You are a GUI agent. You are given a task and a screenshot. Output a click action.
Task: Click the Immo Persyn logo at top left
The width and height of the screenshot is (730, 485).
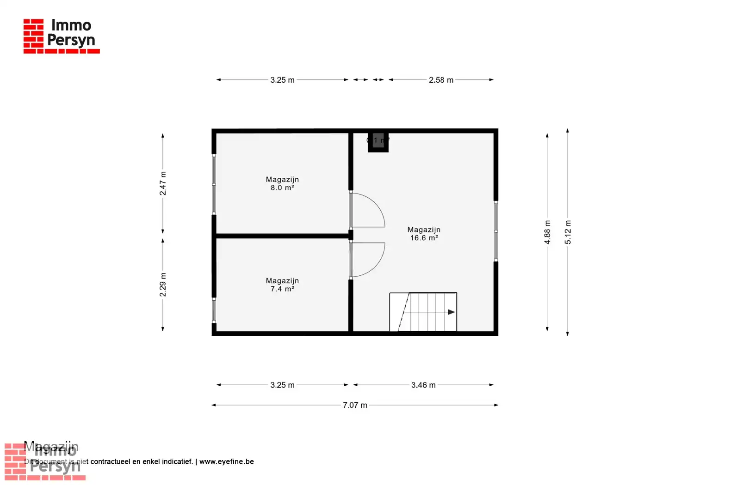(61, 36)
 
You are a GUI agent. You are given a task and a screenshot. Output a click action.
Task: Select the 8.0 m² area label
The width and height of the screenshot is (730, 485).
(282, 188)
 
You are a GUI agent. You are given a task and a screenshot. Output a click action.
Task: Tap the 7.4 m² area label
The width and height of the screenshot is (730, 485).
(282, 289)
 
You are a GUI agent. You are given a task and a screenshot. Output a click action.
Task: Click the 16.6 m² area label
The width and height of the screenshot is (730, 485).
(424, 238)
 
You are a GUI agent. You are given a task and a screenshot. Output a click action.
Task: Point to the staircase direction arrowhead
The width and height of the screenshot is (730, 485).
(452, 312)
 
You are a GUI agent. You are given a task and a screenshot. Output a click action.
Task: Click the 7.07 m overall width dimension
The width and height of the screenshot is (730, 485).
(355, 405)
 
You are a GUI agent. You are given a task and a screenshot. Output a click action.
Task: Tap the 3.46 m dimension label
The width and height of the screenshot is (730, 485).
(423, 385)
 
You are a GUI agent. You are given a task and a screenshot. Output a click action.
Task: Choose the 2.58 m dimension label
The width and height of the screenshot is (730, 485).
(441, 80)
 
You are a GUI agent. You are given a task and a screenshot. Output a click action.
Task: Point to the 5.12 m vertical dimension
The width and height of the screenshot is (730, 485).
(568, 232)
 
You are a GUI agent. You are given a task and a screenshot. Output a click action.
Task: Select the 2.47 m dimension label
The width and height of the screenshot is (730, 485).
(163, 183)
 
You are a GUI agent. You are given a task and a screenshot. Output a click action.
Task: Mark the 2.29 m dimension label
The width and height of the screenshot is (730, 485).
(163, 285)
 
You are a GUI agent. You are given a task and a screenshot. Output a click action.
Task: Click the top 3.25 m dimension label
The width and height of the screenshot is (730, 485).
(282, 80)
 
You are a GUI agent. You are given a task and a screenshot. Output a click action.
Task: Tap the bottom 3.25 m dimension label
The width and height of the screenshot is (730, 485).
(282, 385)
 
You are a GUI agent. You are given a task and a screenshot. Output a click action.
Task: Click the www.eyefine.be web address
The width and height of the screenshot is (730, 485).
(227, 461)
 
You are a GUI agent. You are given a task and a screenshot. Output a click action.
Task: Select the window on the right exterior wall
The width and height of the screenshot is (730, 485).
(496, 231)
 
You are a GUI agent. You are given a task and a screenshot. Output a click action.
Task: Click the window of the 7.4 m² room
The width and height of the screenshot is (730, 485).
(214, 310)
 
